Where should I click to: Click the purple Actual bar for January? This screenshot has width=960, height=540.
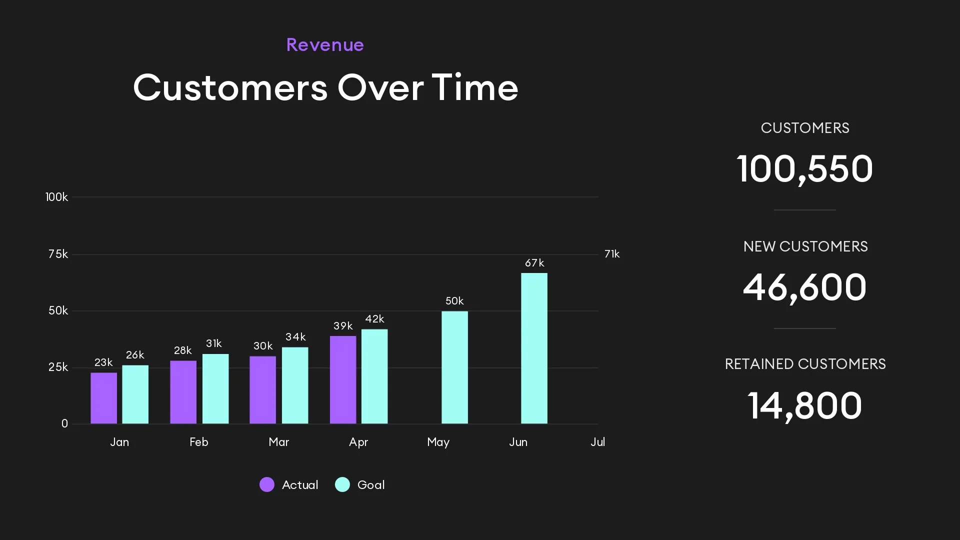pos(103,398)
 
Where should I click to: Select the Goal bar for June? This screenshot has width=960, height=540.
pos(534,348)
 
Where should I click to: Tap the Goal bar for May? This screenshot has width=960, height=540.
pos(454,367)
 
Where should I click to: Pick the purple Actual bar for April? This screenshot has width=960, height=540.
pos(343,380)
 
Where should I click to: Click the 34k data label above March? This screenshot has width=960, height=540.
pos(295,337)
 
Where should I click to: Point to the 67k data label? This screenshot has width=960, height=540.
pos(534,263)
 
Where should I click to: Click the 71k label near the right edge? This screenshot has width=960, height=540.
pos(612,254)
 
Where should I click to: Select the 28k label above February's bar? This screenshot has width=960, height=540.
pos(182,350)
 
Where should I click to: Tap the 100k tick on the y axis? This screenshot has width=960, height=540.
pos(56,197)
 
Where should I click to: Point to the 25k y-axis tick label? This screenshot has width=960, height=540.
pos(58,367)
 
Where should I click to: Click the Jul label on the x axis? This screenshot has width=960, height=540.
pos(597,442)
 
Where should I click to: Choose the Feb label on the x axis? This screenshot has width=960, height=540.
pos(199,442)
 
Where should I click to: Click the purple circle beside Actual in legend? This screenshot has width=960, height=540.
pos(267,484)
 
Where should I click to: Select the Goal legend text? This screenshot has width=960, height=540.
pos(371,485)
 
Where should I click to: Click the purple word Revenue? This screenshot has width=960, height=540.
pos(325,45)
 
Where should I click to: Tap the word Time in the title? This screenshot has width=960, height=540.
pos(474,87)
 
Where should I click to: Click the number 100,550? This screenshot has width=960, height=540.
pos(804,168)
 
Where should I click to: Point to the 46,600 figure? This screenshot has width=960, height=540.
pos(804,287)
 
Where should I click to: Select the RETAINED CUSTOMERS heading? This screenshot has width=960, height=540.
pos(805,364)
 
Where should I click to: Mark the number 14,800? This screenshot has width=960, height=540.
pos(804,405)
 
